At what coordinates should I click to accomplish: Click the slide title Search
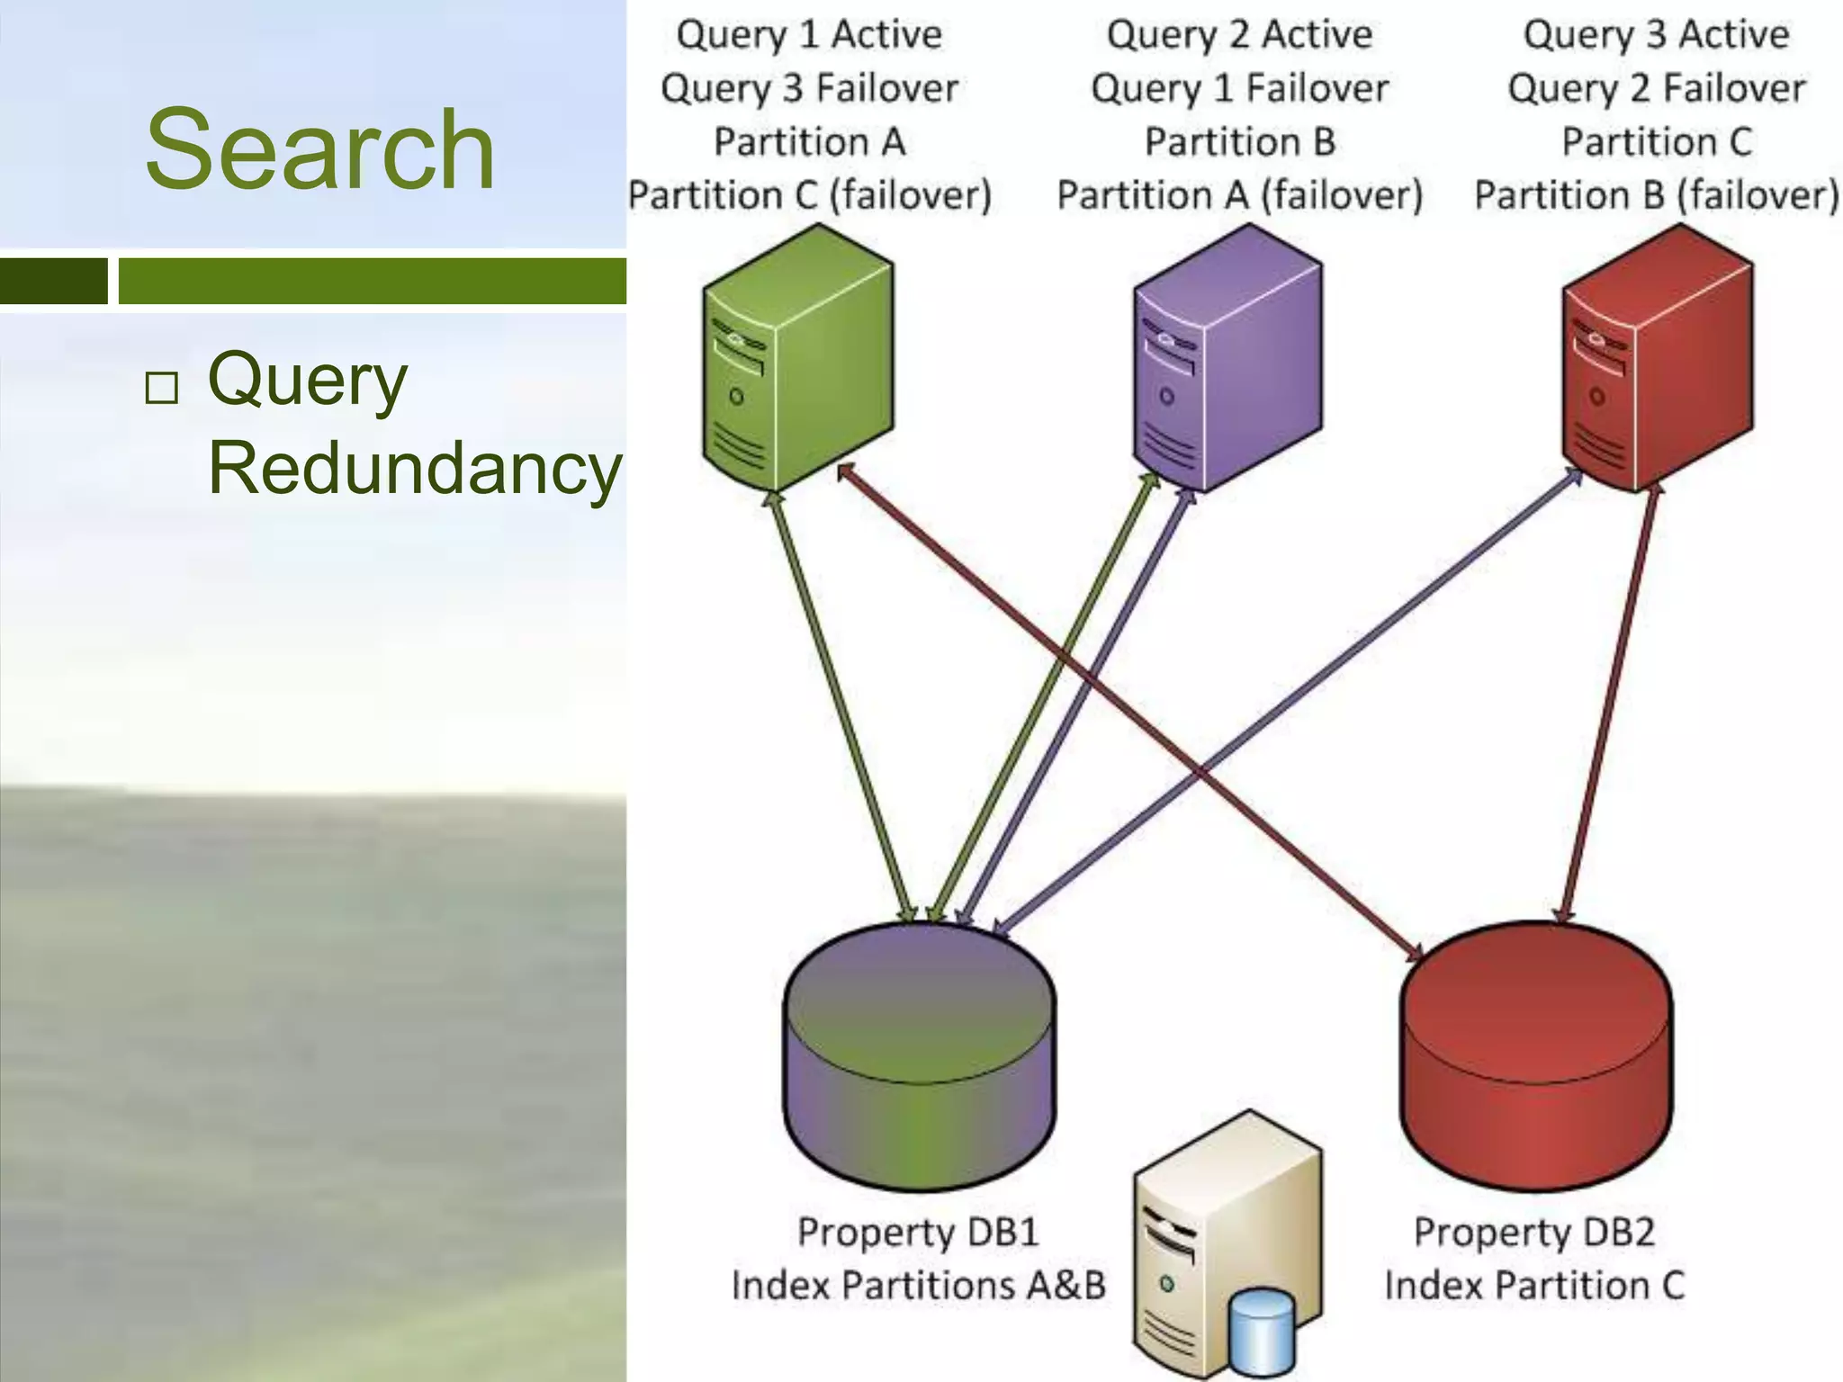319,149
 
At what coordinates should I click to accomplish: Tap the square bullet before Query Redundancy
162,388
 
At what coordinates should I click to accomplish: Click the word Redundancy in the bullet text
415,468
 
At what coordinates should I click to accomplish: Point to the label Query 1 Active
808,35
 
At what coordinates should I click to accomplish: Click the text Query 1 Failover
1239,88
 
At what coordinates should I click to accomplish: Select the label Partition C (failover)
809,195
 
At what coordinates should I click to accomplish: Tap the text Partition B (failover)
1656,195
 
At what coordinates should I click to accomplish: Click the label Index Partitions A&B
918,1285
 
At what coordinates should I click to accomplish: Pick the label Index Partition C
1533,1285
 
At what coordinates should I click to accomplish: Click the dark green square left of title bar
53,281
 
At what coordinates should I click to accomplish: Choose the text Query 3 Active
1656,35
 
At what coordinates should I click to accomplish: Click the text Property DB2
1533,1232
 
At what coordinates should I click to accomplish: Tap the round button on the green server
736,396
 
